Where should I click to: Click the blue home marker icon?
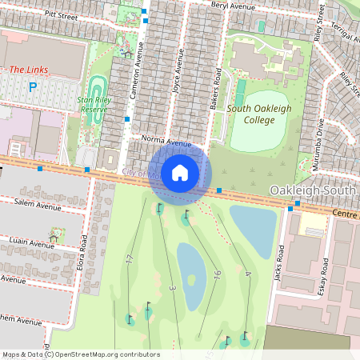pos(180,172)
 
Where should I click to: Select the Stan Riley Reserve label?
pos(98,105)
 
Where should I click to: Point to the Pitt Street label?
pos(61,14)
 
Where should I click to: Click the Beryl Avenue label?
pos(233,6)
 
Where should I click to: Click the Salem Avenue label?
pos(38,206)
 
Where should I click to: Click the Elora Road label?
pos(84,251)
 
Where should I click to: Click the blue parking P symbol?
pos(33,87)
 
